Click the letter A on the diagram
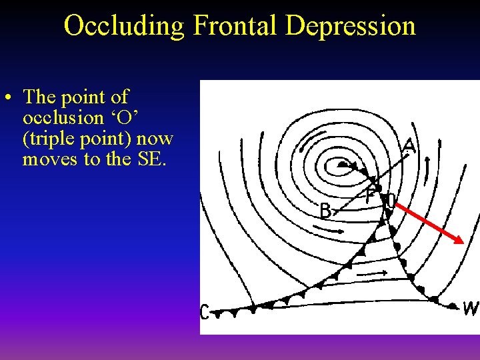tap(409, 145)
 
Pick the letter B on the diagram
tap(325, 211)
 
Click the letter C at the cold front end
tap(205, 311)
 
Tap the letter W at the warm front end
tap(471, 309)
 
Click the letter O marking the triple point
tap(391, 201)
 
